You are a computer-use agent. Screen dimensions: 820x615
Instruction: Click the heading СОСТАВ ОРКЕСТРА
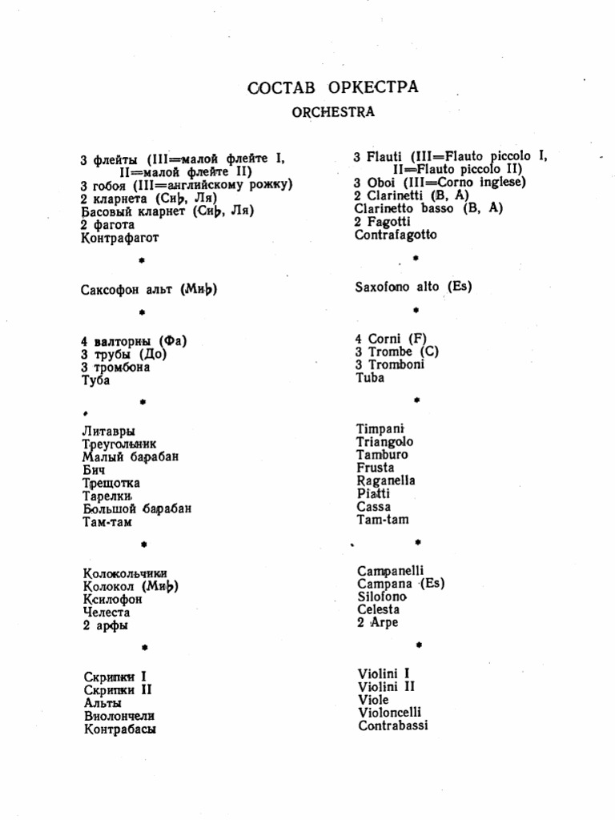click(x=333, y=86)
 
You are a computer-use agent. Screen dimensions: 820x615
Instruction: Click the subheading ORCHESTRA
click(x=333, y=112)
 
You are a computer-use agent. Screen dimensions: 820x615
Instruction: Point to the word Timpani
click(x=380, y=428)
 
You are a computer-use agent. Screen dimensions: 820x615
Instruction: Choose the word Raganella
click(x=386, y=480)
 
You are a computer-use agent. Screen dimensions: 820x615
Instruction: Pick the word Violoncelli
click(x=389, y=712)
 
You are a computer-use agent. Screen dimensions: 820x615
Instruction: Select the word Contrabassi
click(x=392, y=726)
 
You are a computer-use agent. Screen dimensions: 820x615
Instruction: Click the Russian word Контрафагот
click(x=120, y=238)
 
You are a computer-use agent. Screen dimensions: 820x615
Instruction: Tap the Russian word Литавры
click(x=109, y=431)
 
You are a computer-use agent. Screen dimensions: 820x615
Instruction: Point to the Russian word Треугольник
click(x=119, y=444)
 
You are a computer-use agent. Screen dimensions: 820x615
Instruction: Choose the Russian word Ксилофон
click(x=113, y=599)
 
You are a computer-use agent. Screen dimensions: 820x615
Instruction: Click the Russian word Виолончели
click(x=119, y=716)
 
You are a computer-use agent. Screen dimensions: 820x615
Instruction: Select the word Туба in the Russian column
click(x=95, y=380)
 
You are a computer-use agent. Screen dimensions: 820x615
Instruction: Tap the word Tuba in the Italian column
click(x=370, y=378)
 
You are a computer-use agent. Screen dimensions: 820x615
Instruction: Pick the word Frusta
click(x=376, y=468)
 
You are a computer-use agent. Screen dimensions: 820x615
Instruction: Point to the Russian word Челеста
click(x=107, y=612)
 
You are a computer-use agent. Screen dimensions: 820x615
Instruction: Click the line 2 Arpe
click(x=377, y=622)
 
